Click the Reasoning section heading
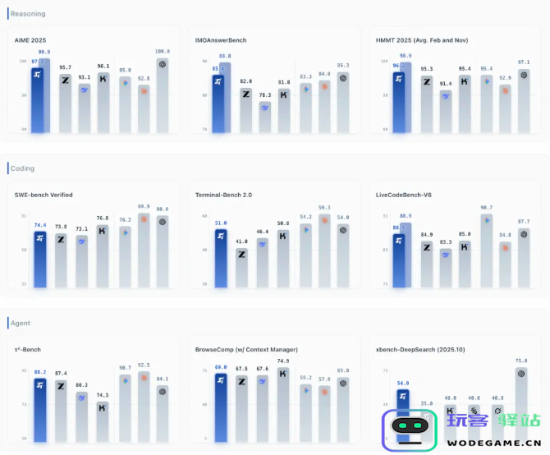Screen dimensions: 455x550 point(29,14)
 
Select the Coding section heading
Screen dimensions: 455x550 point(23,168)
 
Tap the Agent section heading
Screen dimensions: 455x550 point(21,323)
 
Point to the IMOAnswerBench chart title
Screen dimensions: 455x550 point(221,39)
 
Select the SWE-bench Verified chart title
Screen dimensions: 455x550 point(44,195)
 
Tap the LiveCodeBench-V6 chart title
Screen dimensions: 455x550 point(405,195)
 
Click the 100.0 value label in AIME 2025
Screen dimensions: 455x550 point(163,51)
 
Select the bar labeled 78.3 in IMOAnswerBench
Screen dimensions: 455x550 point(264,115)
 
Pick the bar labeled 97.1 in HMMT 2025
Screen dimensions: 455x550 point(524,99)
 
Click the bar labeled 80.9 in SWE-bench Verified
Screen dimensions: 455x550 point(144,250)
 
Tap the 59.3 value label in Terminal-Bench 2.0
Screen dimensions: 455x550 point(324,208)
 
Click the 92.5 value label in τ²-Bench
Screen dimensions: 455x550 point(144,365)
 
